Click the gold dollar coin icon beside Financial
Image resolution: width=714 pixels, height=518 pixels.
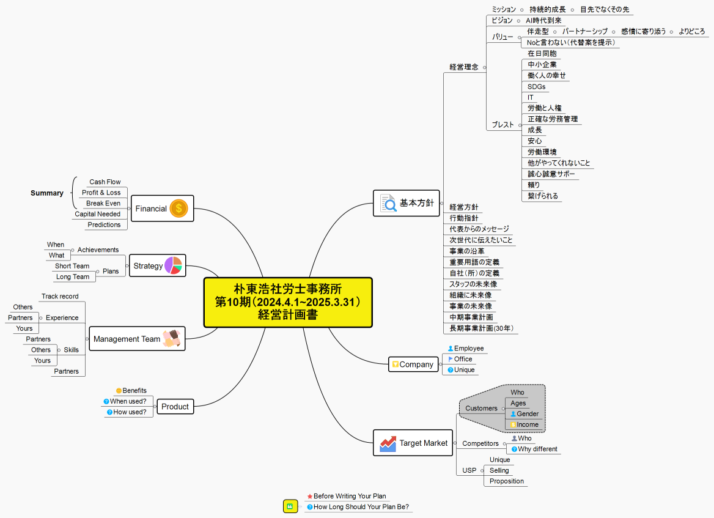pyautogui.click(x=178, y=209)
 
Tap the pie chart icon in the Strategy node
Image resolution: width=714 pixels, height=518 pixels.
pyautogui.click(x=173, y=265)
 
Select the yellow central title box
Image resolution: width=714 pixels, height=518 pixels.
pyautogui.click(x=287, y=302)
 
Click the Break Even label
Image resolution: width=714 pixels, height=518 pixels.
pyautogui.click(x=103, y=203)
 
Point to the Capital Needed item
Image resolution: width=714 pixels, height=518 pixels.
pyautogui.click(x=98, y=214)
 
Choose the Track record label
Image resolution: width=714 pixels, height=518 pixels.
pyautogui.click(x=60, y=297)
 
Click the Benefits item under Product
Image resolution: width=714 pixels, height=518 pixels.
pyautogui.click(x=134, y=390)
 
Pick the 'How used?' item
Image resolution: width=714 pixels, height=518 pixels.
pyautogui.click(x=129, y=412)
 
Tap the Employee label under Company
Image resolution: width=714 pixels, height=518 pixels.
pyautogui.click(x=468, y=349)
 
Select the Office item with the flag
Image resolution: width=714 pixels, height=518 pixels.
pyautogui.click(x=463, y=359)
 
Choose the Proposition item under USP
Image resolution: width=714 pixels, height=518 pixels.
pyautogui.click(x=507, y=481)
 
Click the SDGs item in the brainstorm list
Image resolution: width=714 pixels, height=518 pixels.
pyautogui.click(x=537, y=87)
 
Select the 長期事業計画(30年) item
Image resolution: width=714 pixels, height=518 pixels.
pyautogui.click(x=481, y=328)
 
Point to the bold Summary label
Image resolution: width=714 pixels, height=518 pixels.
pyautogui.click(x=47, y=193)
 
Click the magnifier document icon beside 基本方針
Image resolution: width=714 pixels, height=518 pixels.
pyautogui.click(x=388, y=202)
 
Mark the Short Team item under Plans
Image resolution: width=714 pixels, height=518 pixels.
pyautogui.click(x=72, y=266)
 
